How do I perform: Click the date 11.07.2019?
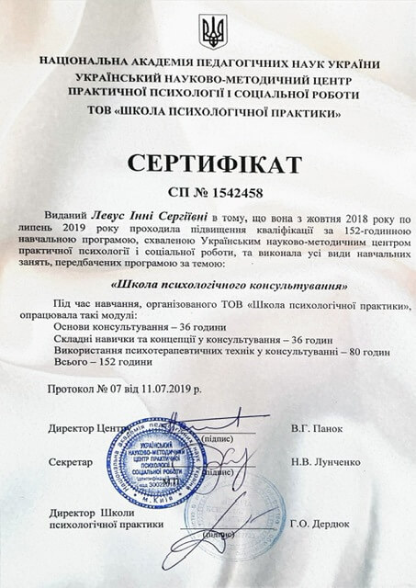[172, 390]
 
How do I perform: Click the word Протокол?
[73, 390]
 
